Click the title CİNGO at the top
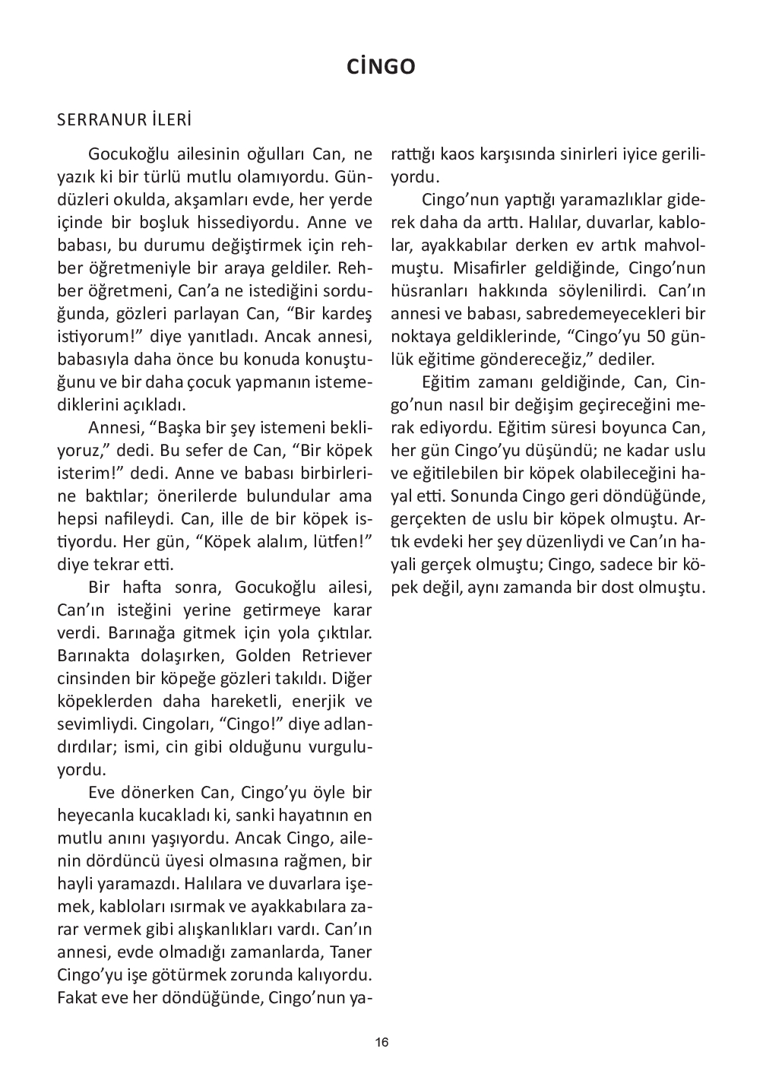tap(381, 67)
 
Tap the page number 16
tap(381, 1042)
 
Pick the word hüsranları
tap(427, 291)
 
